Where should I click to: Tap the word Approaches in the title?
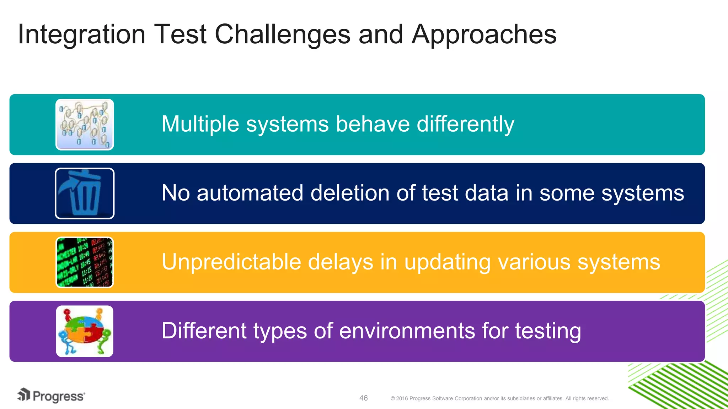[484, 34]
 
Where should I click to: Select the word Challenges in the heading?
[282, 34]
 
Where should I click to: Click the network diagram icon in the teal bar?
[85, 125]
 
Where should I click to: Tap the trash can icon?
[85, 193]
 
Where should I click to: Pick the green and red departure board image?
[85, 262]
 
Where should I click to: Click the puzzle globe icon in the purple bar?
[85, 331]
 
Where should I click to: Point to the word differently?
[465, 124]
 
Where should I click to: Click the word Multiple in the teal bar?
[200, 124]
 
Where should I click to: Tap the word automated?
[250, 193]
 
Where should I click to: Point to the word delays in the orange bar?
[340, 262]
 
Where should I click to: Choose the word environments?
[407, 331]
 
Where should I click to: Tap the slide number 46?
[363, 398]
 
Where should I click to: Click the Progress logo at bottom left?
[51, 396]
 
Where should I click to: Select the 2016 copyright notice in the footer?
[499, 398]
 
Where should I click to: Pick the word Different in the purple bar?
[204, 331]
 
